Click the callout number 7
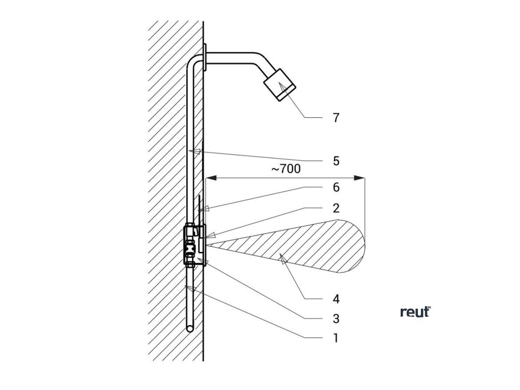tap(336, 118)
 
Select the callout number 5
tap(336, 161)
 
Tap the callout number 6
tap(336, 187)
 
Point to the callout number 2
tap(336, 208)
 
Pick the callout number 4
tap(336, 298)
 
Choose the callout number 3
tap(336, 319)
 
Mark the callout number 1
tap(336, 338)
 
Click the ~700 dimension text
tap(286, 169)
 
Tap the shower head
tap(280, 85)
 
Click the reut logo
tap(415, 312)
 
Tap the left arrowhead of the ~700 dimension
tap(210, 178)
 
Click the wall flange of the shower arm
tap(205, 58)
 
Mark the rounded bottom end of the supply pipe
tap(189, 329)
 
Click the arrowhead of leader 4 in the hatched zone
tap(282, 260)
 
